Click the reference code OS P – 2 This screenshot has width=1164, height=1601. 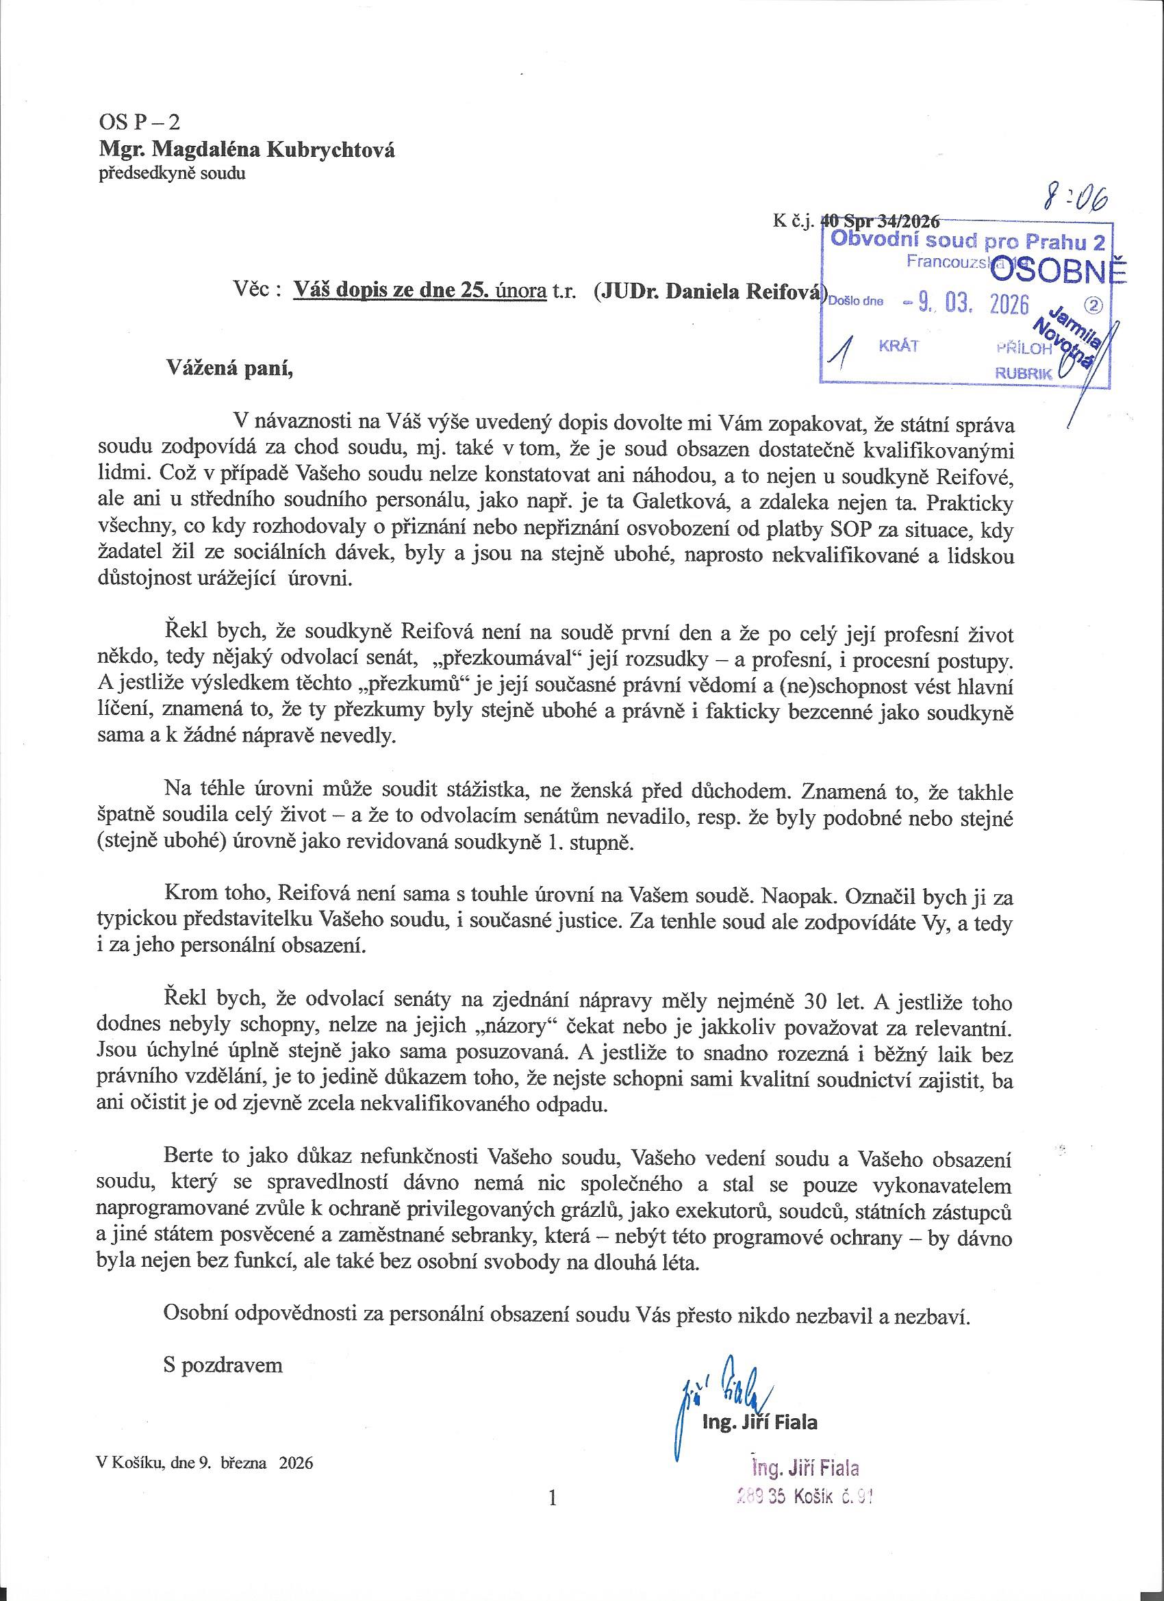(x=140, y=121)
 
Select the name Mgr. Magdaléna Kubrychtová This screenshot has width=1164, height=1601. (x=247, y=151)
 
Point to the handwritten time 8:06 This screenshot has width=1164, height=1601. (x=1076, y=200)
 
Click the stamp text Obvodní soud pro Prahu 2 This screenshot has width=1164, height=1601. (x=967, y=241)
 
